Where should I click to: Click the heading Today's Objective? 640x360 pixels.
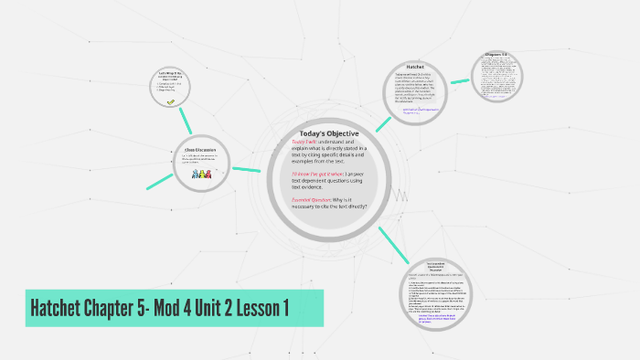pyautogui.click(x=329, y=133)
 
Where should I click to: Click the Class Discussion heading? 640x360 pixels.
pyautogui.click(x=200, y=150)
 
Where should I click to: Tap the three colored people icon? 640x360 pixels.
pyautogui.click(x=200, y=173)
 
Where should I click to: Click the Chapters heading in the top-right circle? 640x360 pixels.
pyautogui.click(x=499, y=56)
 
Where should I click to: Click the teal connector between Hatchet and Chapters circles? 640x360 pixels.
pyautogui.click(x=460, y=80)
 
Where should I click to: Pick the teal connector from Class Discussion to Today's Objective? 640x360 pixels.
pyautogui.click(x=247, y=168)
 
